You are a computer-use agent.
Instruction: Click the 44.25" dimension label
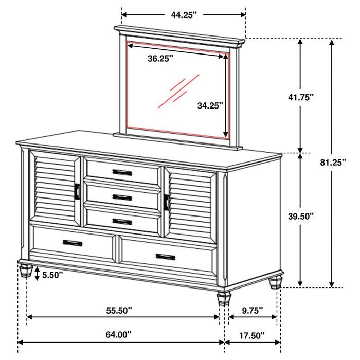tap(184, 15)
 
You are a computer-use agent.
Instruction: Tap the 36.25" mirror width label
tap(160, 58)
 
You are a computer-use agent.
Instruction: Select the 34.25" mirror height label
tap(210, 105)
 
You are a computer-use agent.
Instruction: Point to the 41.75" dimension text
tap(314, 97)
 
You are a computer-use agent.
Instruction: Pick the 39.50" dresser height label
tap(314, 217)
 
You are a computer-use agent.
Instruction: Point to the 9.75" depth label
tap(252, 310)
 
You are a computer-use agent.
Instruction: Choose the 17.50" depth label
tap(252, 335)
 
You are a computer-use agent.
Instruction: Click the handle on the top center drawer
tap(122, 172)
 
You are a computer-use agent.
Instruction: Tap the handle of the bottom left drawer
tap(73, 243)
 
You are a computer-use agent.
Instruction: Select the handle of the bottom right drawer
tap(165, 257)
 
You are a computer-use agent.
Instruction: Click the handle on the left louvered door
tap(77, 191)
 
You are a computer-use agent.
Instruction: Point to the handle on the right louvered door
tap(167, 202)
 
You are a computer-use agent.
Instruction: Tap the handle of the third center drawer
tap(122, 222)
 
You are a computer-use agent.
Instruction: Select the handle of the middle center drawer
tap(122, 197)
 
